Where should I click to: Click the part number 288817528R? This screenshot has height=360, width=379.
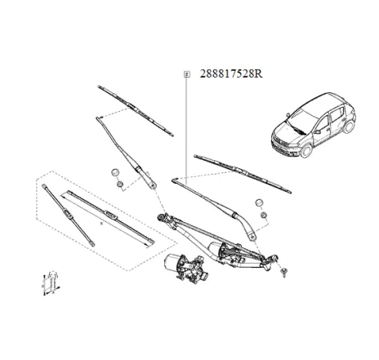click(x=231, y=73)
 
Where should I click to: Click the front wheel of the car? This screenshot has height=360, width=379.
click(x=303, y=150)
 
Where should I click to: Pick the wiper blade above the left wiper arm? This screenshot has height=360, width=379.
click(x=134, y=106)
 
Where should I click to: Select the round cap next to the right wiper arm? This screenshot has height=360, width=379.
click(x=259, y=202)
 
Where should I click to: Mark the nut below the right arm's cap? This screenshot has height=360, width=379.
click(x=264, y=216)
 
